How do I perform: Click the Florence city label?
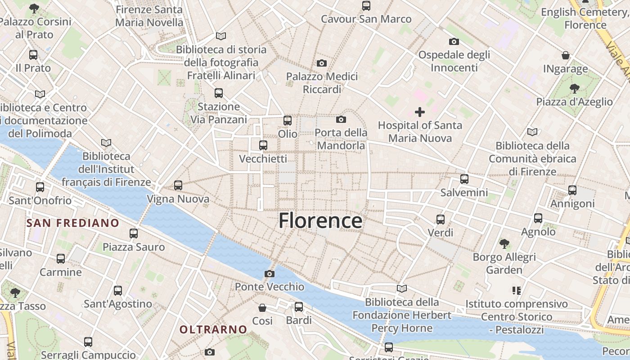point(320,221)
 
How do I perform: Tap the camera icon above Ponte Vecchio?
point(270,274)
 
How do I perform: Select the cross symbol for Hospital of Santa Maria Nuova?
point(420,112)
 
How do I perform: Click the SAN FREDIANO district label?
point(73,223)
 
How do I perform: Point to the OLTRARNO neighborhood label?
point(213,329)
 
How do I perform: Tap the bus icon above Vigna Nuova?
point(178,185)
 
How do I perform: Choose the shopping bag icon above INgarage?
point(566,55)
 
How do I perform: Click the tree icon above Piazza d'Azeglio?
point(574,88)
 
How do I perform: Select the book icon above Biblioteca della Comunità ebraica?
point(532,132)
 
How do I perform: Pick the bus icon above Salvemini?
point(464,179)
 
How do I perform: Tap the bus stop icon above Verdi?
point(441,219)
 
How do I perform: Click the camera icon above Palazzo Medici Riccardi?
point(322,63)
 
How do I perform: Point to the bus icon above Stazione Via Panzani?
point(219,93)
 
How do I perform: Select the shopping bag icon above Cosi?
point(262,307)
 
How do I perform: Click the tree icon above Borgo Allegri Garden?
point(504,243)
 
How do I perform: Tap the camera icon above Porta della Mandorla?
point(341,119)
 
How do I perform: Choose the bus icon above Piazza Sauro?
point(134,233)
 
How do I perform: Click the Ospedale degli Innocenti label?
point(454,61)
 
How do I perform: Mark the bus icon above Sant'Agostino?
point(118,290)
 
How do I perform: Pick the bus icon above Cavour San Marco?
point(366,5)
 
